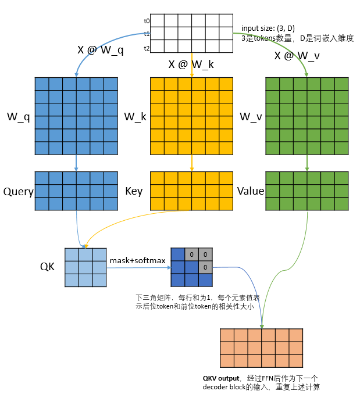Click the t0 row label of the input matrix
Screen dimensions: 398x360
(147, 21)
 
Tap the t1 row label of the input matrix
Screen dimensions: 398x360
(147, 34)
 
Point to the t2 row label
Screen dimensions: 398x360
(147, 48)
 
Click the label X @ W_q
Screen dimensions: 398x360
(101, 50)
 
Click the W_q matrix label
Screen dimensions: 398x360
(19, 117)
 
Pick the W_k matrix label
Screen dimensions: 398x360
(135, 117)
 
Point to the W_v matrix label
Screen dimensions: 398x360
(251, 117)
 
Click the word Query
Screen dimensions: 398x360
(18, 191)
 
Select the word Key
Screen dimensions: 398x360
(134, 191)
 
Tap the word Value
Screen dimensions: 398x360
(251, 191)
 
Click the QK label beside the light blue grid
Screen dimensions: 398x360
(48, 266)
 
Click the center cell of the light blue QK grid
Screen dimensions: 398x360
(85, 267)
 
